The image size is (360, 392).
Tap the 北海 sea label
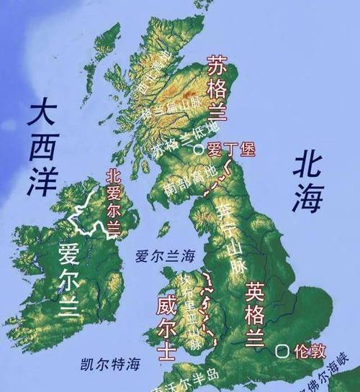pos(306,185)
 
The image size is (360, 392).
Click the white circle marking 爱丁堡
pos(198,150)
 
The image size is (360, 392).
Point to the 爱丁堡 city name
pos(227,150)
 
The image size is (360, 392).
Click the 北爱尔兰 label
pos(112,202)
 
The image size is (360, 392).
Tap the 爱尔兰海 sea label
pos(165,255)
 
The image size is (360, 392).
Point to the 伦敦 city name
pos(310,352)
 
